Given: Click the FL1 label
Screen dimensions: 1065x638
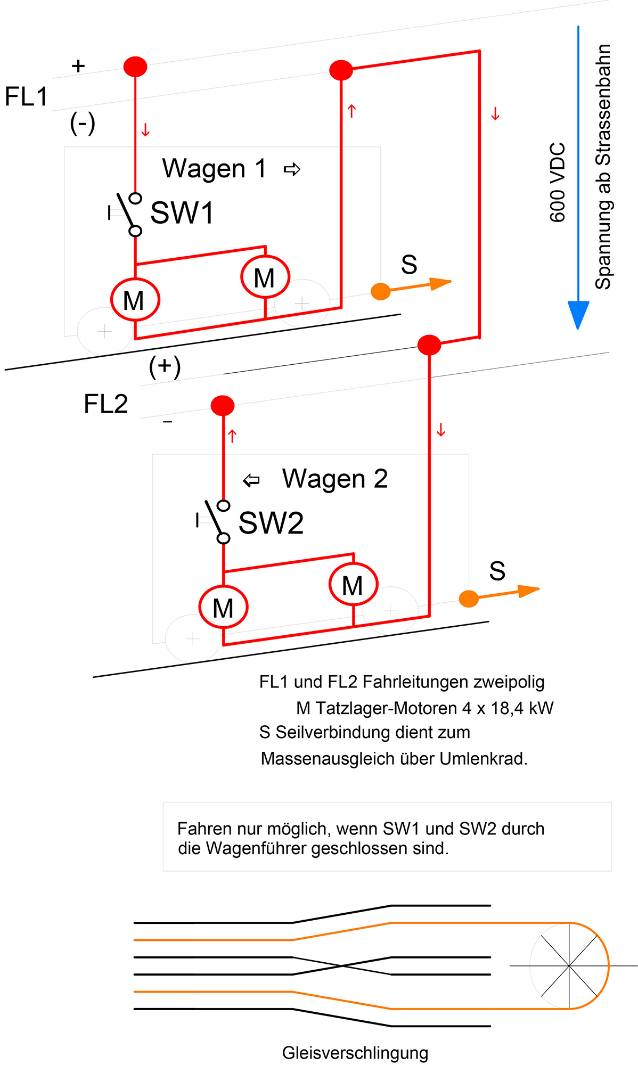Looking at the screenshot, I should click(26, 97).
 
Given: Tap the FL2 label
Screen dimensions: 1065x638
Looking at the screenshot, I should click(105, 404).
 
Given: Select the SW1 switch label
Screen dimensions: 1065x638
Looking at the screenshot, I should click(182, 212).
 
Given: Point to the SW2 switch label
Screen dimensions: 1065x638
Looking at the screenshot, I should click(271, 523).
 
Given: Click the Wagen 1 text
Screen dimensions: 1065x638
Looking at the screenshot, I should click(214, 168).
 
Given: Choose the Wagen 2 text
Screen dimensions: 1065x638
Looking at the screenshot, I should click(334, 478).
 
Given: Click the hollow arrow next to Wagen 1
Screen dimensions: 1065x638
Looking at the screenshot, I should click(292, 169).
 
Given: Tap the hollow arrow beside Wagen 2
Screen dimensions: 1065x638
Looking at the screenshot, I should click(251, 480).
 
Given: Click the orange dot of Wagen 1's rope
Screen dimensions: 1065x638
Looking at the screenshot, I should click(381, 291).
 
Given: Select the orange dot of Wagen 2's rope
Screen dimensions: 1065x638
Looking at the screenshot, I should click(469, 599).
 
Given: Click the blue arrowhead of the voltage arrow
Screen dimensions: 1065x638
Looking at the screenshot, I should click(578, 314).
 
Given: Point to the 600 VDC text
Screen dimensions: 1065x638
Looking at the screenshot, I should click(557, 182).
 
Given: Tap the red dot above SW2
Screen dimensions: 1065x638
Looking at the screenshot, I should click(223, 406).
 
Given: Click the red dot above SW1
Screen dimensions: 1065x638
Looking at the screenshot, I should click(135, 67).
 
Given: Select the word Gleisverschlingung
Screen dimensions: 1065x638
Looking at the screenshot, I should click(355, 1053).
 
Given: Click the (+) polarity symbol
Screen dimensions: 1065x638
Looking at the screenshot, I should click(165, 366).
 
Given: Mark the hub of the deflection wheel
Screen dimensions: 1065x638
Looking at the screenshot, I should click(569, 965).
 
